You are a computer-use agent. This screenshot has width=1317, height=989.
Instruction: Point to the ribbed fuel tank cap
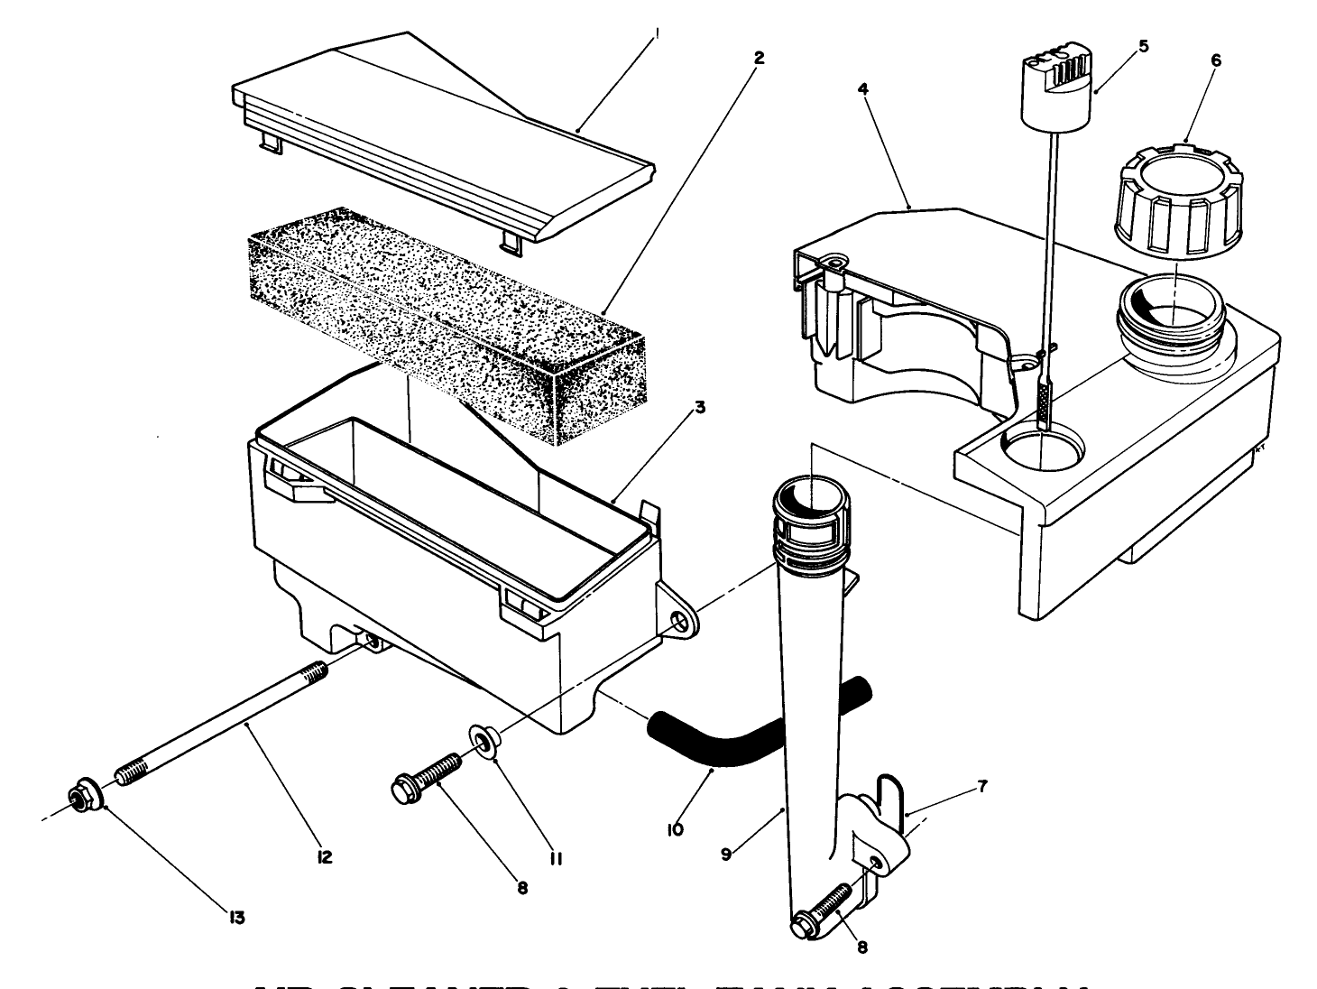tap(1173, 199)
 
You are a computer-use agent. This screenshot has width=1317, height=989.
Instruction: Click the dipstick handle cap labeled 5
tap(1055, 90)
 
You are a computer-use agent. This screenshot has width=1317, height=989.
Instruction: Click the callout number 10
tap(676, 827)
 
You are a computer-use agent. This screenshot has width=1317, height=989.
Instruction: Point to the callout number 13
tap(236, 918)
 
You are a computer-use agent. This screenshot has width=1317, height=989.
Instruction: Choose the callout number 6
tap(1215, 60)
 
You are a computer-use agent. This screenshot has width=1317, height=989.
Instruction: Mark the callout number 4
tap(863, 90)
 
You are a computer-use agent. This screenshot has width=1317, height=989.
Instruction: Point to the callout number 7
tap(981, 787)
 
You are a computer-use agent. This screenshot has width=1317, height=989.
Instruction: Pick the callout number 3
tap(699, 407)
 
